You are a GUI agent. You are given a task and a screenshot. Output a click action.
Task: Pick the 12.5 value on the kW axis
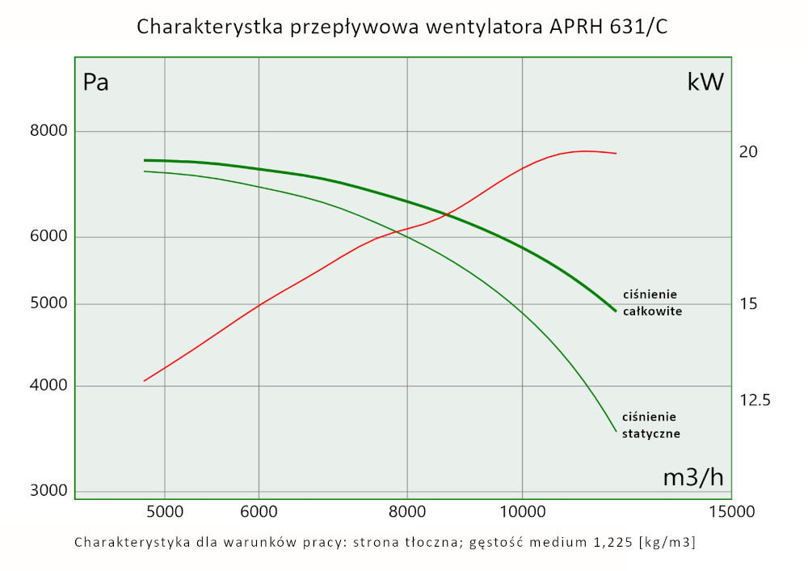(x=755, y=400)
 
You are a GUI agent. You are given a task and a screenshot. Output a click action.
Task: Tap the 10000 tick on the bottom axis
(x=522, y=511)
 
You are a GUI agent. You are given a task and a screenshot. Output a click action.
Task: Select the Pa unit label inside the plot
(x=96, y=82)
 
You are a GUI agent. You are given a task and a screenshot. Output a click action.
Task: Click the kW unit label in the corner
(x=705, y=82)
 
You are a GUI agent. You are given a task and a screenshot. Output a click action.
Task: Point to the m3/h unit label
(x=693, y=477)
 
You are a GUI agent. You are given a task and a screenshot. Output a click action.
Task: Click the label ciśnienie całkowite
(x=652, y=302)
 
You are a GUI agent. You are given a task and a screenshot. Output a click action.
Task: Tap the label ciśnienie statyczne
(x=651, y=425)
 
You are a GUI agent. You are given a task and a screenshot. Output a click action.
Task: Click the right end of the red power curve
(x=617, y=153)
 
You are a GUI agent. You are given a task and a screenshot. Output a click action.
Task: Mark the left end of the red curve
(x=144, y=381)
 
